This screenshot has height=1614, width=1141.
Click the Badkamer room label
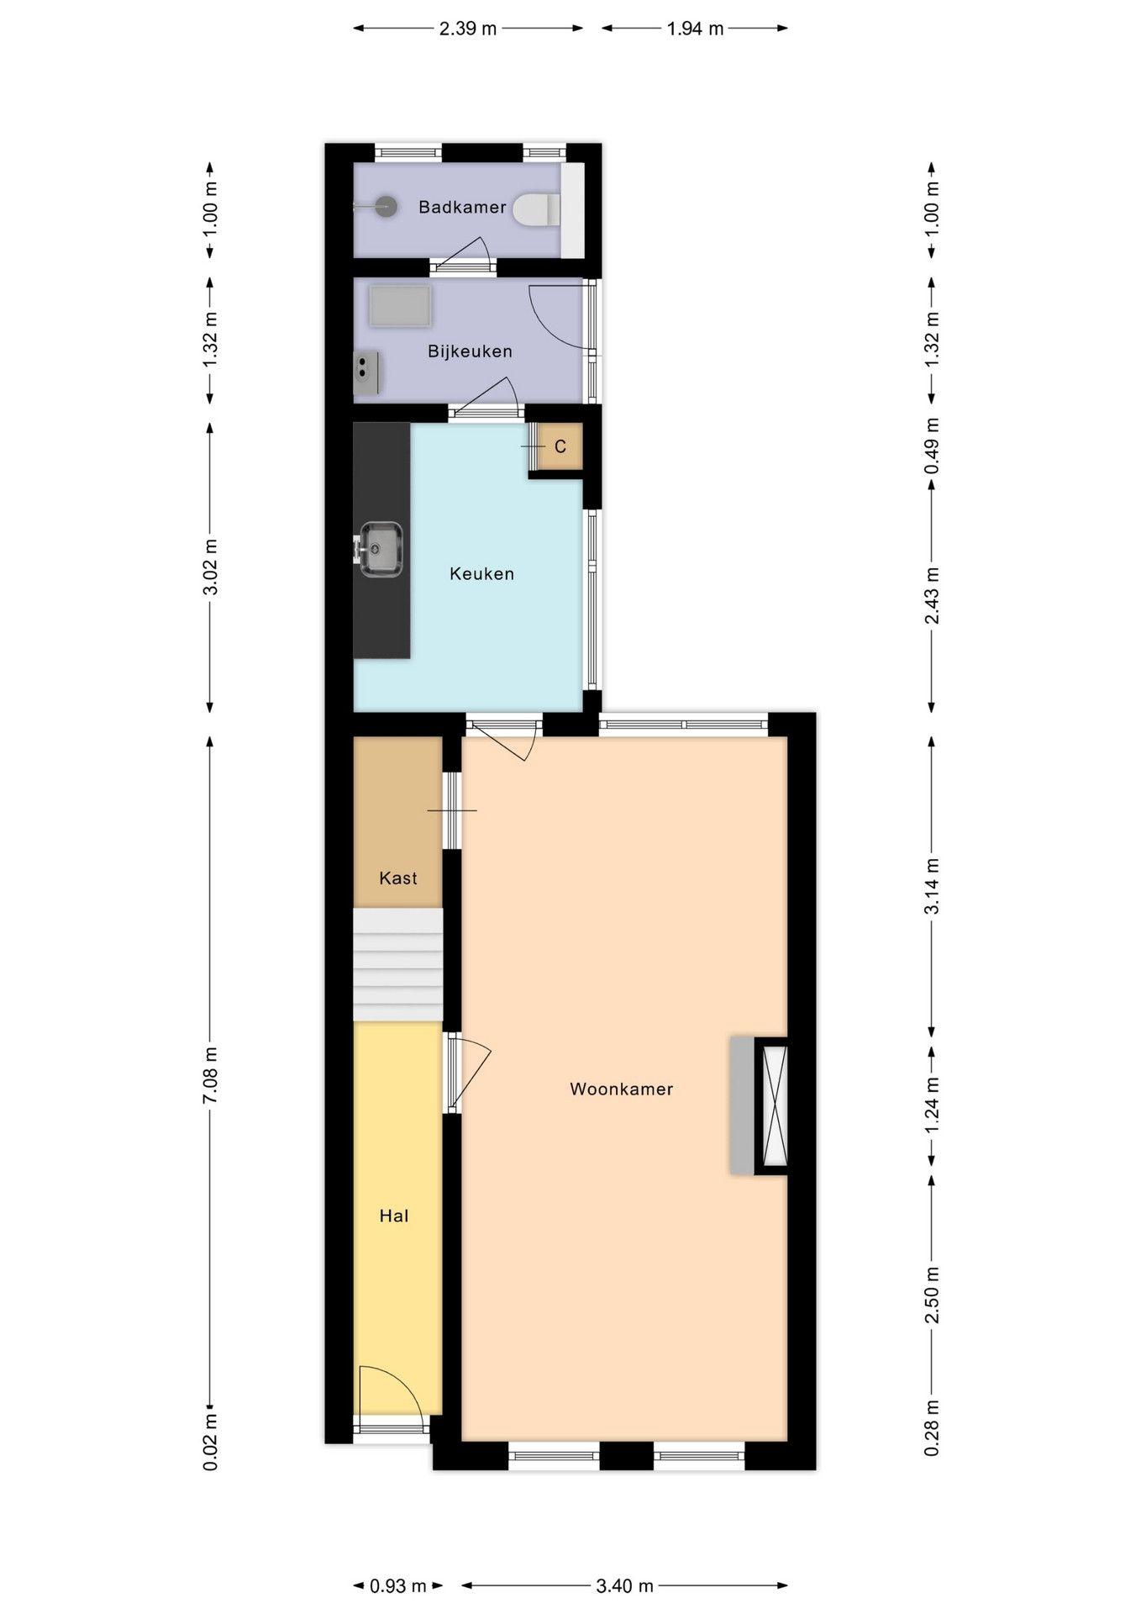pos(462,207)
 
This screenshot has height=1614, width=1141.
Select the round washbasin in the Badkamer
pos(385,206)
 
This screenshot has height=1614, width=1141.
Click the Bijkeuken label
pos(470,351)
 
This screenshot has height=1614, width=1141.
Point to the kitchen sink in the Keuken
pos(381,550)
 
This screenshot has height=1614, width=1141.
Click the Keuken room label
pos(481,574)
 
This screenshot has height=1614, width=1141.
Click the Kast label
pos(398,878)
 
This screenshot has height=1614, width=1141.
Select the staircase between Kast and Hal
pos(397,964)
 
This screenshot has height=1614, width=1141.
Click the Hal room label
pos(394,1216)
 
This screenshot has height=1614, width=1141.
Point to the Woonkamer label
pos(622,1089)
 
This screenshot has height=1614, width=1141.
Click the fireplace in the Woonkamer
pos(759,1105)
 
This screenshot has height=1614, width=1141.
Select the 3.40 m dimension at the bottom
pos(624,1586)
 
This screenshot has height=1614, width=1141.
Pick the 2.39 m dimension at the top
pos(468,29)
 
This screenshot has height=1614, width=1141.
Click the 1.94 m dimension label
pos(695,29)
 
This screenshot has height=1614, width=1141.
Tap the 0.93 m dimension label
pos(398,1586)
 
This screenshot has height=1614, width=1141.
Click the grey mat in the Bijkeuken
pos(401,306)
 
